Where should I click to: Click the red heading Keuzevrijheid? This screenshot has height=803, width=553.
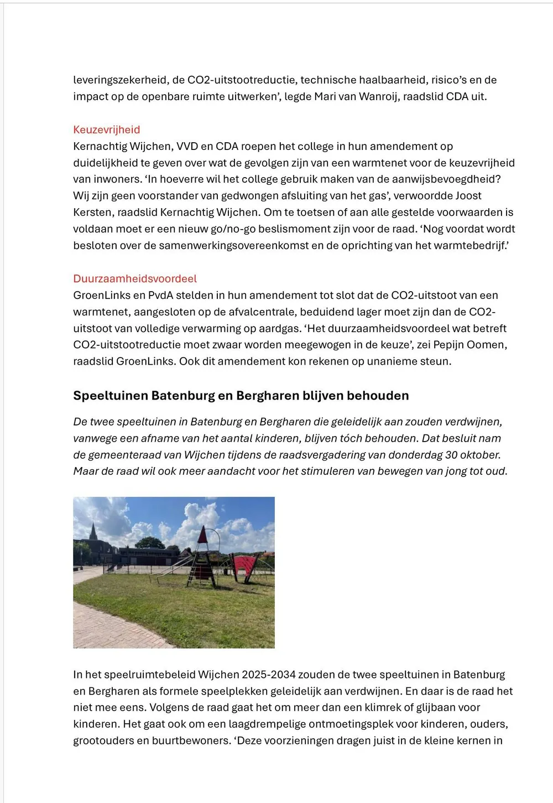point(107,130)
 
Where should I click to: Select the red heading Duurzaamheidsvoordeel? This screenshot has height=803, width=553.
point(135,279)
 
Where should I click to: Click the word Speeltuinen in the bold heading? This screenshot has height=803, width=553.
point(110,396)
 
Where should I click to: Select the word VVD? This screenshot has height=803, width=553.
point(187,147)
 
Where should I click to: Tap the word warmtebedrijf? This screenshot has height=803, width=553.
point(469,246)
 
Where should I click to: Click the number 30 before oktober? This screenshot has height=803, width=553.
point(452,455)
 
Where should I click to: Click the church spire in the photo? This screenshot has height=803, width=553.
point(93,532)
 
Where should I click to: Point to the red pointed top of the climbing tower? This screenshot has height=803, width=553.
point(203,535)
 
